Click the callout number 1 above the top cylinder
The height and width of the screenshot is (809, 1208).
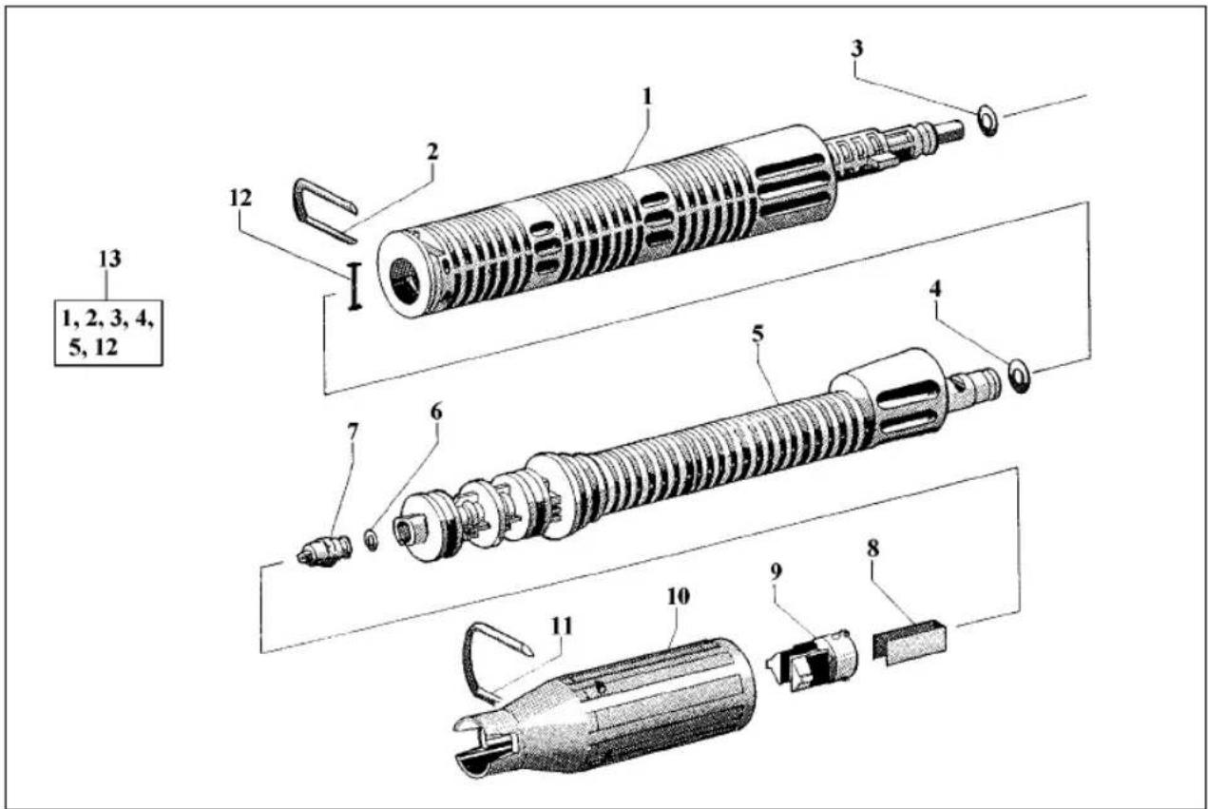click(x=647, y=97)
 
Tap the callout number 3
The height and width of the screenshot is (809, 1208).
click(x=857, y=48)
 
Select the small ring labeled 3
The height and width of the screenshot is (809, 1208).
click(x=987, y=122)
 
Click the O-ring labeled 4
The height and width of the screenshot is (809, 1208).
click(x=1019, y=376)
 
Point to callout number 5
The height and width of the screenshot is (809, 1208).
click(x=757, y=334)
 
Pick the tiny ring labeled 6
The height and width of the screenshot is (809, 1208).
click(x=372, y=540)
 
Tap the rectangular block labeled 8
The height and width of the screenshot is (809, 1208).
click(x=910, y=643)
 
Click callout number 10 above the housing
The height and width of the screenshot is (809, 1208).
click(x=679, y=597)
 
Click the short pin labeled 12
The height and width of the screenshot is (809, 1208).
click(x=354, y=286)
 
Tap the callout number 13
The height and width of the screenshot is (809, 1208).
click(x=110, y=259)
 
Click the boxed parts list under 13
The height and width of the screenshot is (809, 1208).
click(x=108, y=334)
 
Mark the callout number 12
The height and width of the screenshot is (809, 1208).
click(x=240, y=199)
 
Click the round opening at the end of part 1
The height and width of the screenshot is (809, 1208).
click(x=407, y=279)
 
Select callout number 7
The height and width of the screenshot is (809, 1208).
click(x=353, y=432)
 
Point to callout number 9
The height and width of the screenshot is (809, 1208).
click(x=776, y=573)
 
